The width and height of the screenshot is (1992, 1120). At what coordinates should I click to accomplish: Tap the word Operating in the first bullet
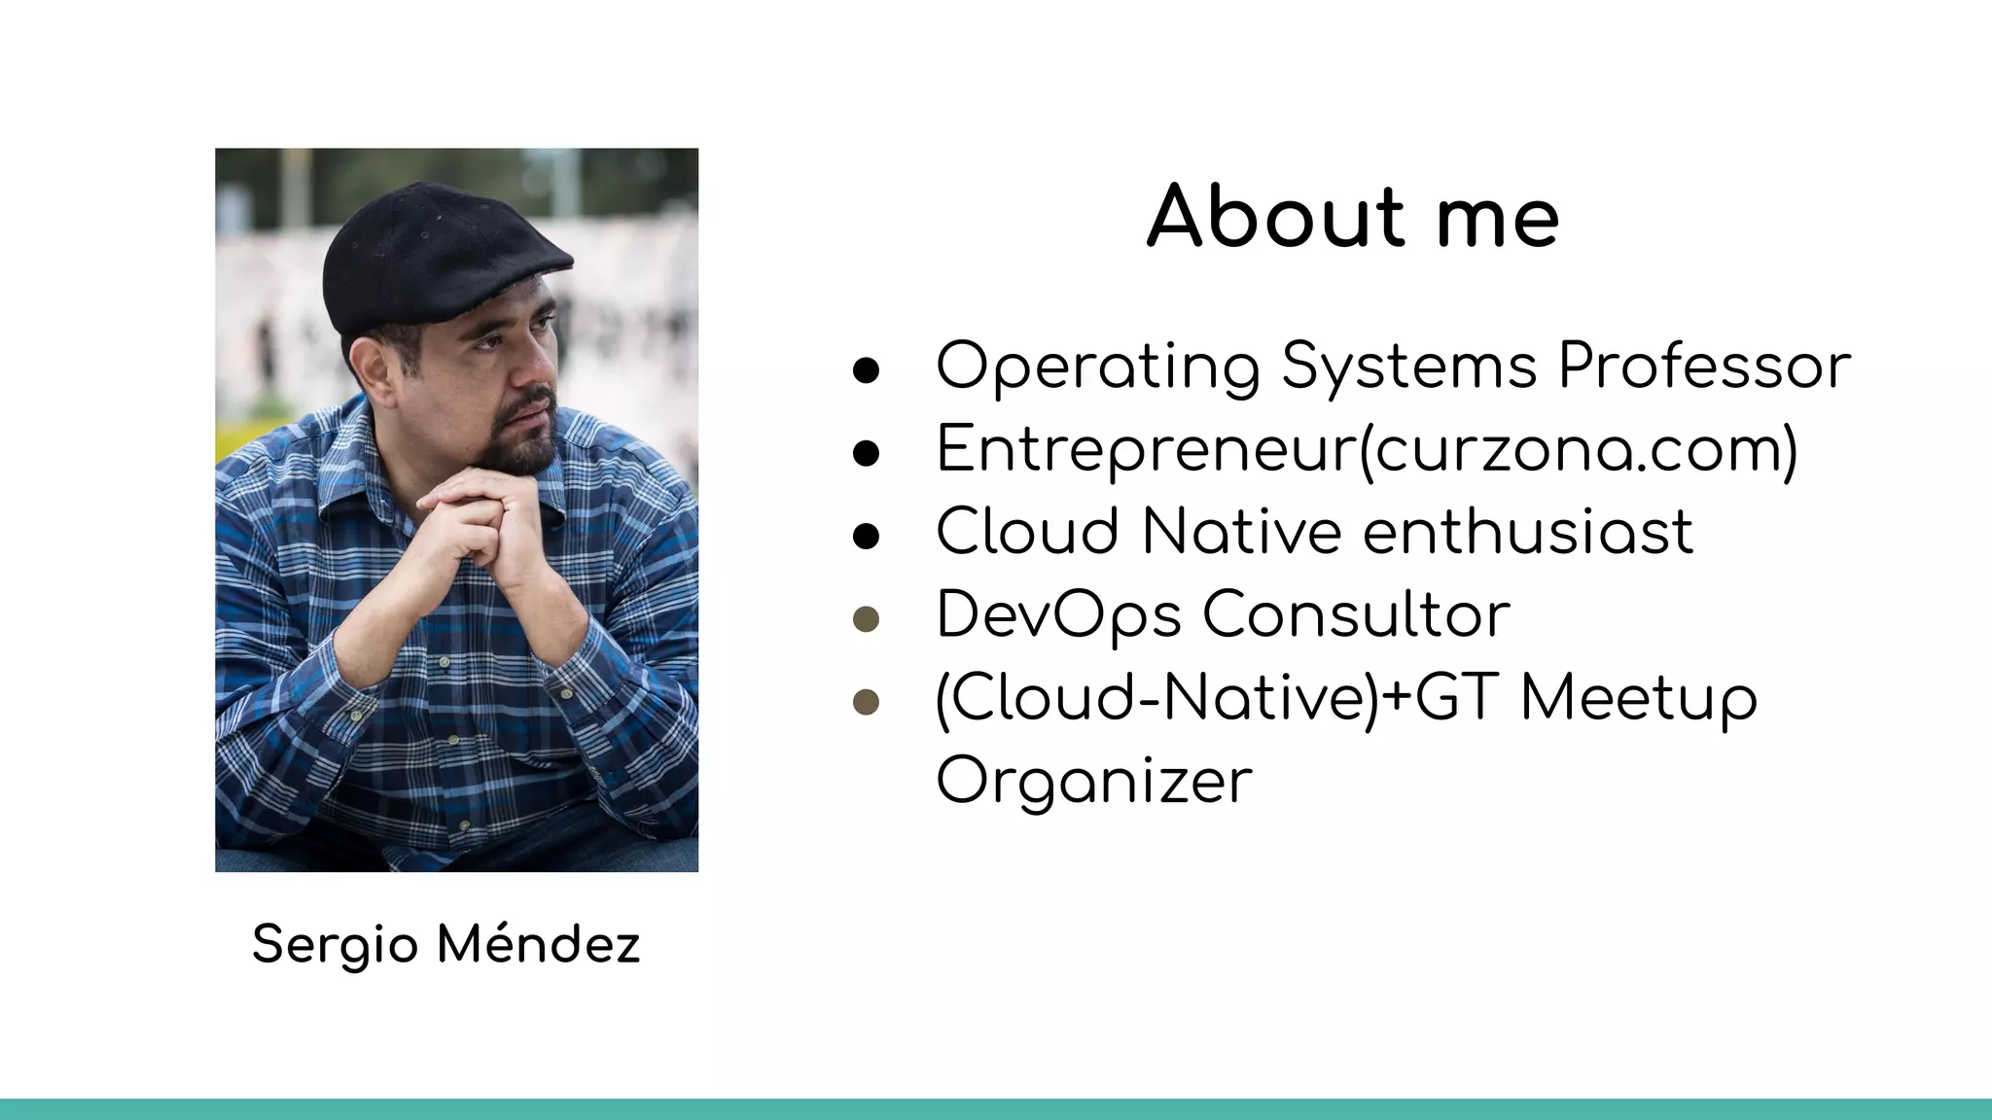click(1098, 368)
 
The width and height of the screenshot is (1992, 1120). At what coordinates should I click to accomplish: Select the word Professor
click(1704, 367)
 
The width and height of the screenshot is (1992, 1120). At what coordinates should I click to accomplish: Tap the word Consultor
click(1356, 615)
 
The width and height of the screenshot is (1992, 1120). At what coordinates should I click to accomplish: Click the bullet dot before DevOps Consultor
click(866, 619)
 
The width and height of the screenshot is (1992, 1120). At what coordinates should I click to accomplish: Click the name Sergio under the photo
click(336, 946)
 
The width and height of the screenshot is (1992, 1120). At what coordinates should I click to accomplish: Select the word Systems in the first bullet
click(1409, 368)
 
